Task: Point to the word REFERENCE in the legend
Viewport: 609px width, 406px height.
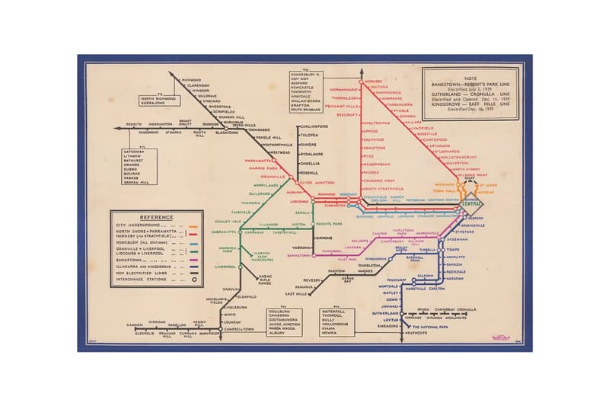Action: click(156, 217)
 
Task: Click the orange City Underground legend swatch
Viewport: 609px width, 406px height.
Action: click(194, 225)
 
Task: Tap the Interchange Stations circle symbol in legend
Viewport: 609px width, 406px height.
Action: click(194, 280)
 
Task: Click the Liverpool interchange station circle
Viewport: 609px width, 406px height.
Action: click(240, 267)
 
